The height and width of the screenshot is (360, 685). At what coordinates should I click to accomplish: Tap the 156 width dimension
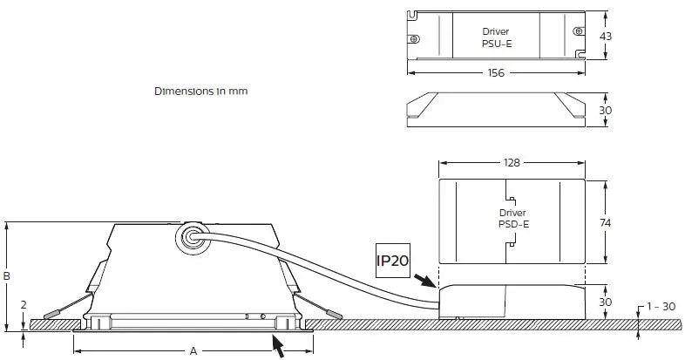pyautogui.click(x=495, y=73)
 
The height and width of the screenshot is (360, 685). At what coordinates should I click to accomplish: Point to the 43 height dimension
pyautogui.click(x=606, y=36)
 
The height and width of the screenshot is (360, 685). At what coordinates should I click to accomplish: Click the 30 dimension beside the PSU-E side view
pyautogui.click(x=606, y=111)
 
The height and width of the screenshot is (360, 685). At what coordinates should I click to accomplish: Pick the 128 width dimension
pyautogui.click(x=512, y=163)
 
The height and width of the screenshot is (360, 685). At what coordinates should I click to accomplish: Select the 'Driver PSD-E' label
pyautogui.click(x=514, y=219)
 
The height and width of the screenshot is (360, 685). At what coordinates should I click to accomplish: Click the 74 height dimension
pyautogui.click(x=606, y=223)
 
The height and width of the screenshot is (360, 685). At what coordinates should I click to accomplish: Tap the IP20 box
pyautogui.click(x=392, y=261)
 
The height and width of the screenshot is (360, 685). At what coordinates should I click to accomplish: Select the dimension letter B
pyautogui.click(x=7, y=276)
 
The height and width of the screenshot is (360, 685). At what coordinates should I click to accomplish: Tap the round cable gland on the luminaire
pyautogui.click(x=189, y=238)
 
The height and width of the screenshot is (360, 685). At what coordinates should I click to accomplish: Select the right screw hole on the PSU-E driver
pyautogui.click(x=577, y=31)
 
